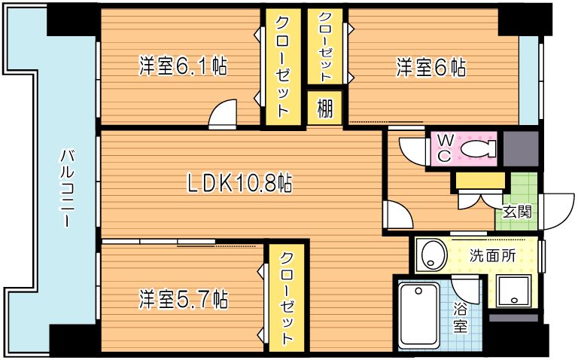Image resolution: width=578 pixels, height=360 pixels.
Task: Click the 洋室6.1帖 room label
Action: [x=183, y=67]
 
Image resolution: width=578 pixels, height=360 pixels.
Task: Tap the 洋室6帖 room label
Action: [x=431, y=68]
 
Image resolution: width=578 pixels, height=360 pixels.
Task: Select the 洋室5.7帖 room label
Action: [x=183, y=299]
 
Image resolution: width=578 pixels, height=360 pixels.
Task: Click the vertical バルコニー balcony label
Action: [x=66, y=189]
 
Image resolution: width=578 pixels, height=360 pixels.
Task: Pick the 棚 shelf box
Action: [x=324, y=108]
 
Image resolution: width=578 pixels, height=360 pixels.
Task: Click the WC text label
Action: [x=443, y=148]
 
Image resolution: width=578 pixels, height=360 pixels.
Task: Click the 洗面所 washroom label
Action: [x=494, y=255]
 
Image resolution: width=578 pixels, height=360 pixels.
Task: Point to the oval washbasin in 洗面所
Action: [x=433, y=255]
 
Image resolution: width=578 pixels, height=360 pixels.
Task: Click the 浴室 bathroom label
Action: [x=461, y=317]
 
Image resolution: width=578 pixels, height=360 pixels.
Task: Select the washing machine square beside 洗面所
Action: [x=515, y=290]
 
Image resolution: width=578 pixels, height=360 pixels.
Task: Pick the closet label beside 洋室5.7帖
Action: [x=287, y=298]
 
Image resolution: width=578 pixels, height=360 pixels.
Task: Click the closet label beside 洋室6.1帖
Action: [x=282, y=66]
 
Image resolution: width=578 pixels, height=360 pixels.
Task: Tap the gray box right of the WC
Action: [x=521, y=148]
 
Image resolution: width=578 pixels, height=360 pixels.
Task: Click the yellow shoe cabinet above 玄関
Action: [x=479, y=182]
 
